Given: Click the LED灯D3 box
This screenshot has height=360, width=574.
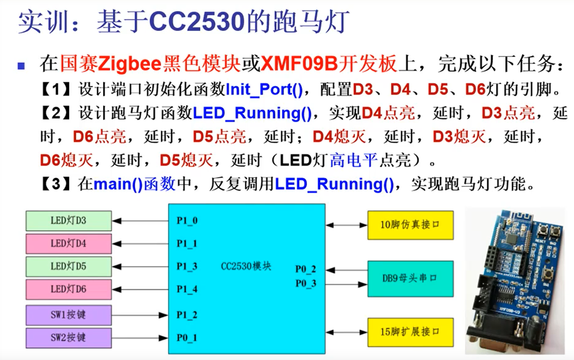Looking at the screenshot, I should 69,221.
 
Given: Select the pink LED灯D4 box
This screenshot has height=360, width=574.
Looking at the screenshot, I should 69,244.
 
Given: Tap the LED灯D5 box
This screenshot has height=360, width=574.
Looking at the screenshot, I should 69,266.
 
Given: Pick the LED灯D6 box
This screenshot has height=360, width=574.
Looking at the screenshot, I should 69,289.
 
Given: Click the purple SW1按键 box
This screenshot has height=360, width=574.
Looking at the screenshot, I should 69,315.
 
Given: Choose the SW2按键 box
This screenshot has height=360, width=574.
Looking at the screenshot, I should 69,338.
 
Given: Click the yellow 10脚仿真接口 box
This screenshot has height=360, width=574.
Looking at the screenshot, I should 410,225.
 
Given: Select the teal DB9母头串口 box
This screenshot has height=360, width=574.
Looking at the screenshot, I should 410,278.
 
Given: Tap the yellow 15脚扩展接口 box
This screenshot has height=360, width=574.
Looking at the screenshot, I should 410,332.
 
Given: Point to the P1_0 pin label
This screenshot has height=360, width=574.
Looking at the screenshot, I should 187,221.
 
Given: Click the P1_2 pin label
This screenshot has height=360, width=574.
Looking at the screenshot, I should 187,315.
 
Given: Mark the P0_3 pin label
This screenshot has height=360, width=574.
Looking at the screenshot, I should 306,284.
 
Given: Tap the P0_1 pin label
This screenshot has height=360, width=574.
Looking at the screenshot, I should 187,338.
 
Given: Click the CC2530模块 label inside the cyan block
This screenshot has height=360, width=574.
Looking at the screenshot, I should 246,266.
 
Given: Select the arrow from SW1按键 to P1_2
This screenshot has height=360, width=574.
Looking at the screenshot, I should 139,315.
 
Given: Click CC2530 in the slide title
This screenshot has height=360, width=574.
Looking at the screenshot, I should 197,21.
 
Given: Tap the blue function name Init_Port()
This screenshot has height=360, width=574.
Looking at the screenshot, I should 264,89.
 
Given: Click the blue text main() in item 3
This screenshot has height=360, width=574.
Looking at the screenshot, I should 118,184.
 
